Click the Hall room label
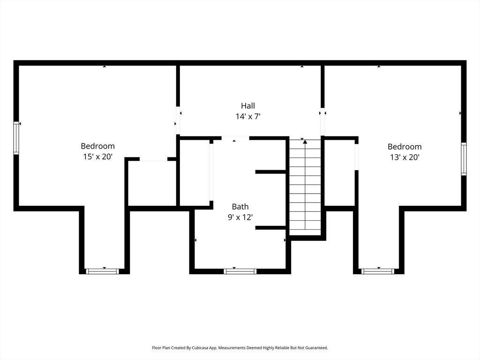coord(248,106)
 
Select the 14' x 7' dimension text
coord(248,116)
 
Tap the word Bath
coord(240,207)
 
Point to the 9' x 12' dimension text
coord(240,217)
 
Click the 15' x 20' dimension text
coord(97,157)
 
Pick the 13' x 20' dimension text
coord(404,157)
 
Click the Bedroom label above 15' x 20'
coord(97,146)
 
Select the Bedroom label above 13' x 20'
coord(404,147)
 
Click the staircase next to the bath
coord(305,187)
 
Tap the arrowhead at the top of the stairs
coord(305,141)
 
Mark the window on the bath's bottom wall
coord(240,271)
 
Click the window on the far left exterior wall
coord(16,138)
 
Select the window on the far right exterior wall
coord(464,159)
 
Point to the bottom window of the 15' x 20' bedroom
coord(103,271)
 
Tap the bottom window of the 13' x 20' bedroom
coord(378,271)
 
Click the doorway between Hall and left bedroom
coord(178,121)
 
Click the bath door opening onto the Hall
coord(235,138)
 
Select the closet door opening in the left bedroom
coord(153,159)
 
